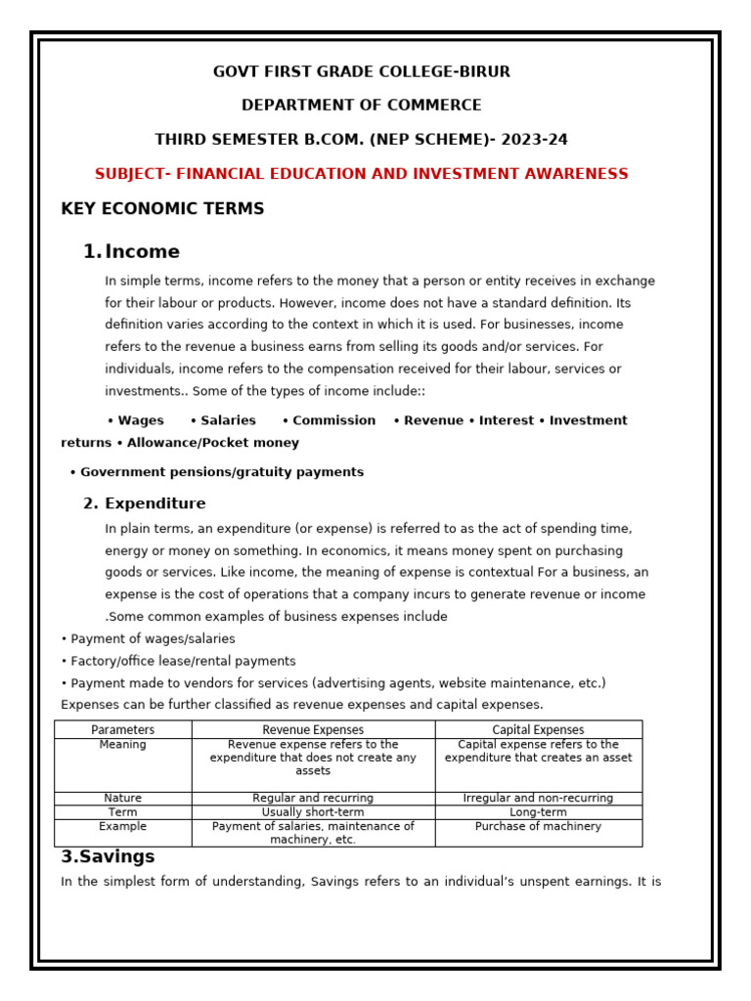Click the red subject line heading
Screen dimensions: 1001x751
click(x=361, y=174)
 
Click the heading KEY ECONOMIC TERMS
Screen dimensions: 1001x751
click(x=162, y=209)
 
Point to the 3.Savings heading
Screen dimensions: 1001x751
click(x=108, y=856)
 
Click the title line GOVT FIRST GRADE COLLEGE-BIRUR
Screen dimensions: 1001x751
click(x=361, y=72)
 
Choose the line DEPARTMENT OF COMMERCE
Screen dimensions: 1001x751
click(x=361, y=106)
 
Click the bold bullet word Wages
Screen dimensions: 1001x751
click(x=140, y=420)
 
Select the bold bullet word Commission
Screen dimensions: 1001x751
click(x=333, y=420)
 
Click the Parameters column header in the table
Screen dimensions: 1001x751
click(x=122, y=730)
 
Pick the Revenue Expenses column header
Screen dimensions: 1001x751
click(x=313, y=730)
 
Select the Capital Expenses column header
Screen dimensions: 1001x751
click(x=538, y=730)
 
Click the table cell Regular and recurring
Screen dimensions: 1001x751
click(x=313, y=799)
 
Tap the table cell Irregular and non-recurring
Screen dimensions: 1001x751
click(x=538, y=799)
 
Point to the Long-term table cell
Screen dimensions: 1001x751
click(x=538, y=812)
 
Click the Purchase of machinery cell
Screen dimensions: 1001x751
click(x=538, y=827)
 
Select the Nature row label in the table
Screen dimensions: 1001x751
click(x=122, y=799)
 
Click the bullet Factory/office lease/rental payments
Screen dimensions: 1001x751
click(x=182, y=661)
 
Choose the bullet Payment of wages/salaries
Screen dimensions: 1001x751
click(x=152, y=639)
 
